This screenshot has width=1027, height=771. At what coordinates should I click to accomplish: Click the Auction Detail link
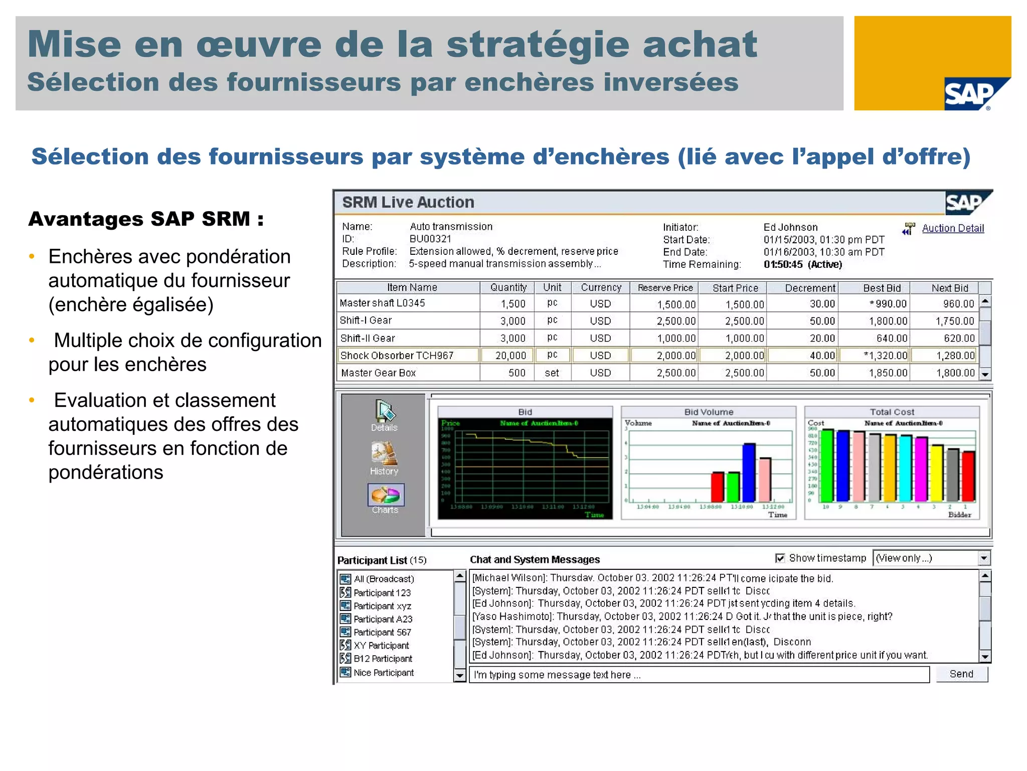952,228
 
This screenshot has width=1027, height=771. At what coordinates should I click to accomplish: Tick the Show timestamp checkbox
780,558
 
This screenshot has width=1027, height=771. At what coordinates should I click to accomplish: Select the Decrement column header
810,288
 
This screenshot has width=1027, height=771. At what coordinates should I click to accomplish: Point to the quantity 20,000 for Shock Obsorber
510,356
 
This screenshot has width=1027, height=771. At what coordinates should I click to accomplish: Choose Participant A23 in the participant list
383,619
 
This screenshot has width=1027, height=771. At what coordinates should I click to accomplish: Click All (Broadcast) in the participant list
384,579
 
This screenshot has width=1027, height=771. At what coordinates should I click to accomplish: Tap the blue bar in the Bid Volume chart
749,472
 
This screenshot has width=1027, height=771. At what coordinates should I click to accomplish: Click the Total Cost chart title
892,412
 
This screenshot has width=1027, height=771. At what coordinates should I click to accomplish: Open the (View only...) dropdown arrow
984,558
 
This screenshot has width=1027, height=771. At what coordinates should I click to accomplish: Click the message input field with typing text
699,675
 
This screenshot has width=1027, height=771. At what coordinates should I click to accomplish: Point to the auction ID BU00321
430,239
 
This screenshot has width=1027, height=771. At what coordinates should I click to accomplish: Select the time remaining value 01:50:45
783,264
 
